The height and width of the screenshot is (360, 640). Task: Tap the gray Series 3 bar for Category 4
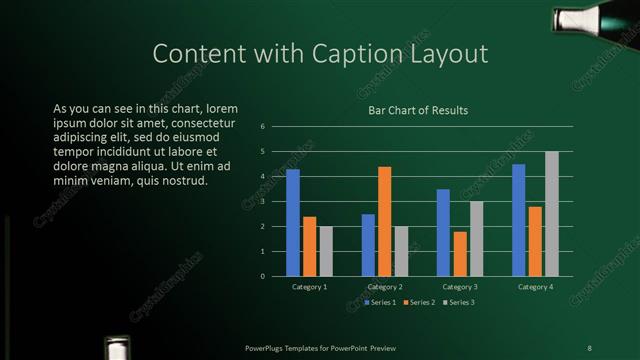(x=552, y=214)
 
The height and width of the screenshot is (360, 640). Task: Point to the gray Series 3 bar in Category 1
(x=326, y=251)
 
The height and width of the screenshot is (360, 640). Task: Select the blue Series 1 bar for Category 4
(x=518, y=220)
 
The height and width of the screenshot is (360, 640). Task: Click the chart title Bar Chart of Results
(x=418, y=111)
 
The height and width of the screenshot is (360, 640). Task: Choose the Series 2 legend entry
(x=418, y=301)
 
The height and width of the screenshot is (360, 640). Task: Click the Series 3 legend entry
(x=458, y=301)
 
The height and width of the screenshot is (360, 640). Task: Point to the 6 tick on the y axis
(x=262, y=127)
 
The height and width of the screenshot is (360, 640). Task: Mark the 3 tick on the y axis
(x=262, y=202)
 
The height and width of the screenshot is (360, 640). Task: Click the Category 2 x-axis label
(x=385, y=287)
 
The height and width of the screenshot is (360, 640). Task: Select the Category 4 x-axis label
(x=536, y=287)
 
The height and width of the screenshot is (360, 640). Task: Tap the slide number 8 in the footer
(x=589, y=347)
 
